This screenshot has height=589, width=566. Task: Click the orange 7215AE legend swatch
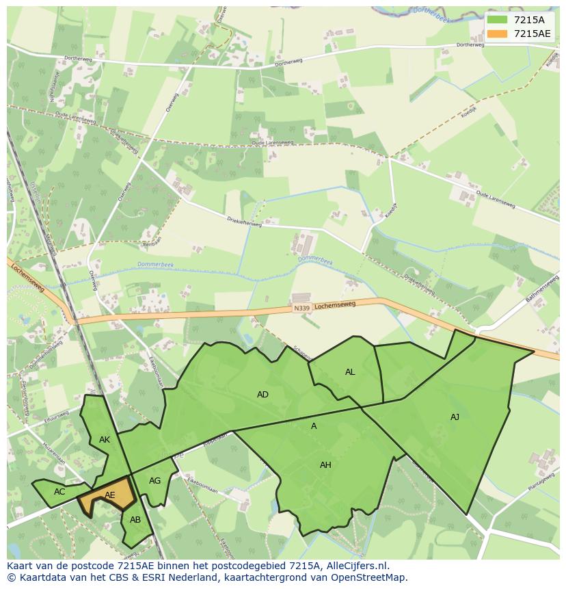click(x=498, y=34)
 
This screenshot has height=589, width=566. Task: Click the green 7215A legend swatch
click(x=498, y=20)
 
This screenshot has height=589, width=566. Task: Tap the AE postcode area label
click(x=110, y=495)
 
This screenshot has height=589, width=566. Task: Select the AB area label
click(x=135, y=520)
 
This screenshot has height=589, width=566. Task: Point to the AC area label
click(x=59, y=491)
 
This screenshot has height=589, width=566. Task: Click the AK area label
click(x=105, y=440)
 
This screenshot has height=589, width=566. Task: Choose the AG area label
click(x=155, y=481)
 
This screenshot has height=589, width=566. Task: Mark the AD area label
click(x=262, y=395)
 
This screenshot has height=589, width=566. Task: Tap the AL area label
click(x=350, y=372)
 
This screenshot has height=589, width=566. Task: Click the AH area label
click(x=325, y=465)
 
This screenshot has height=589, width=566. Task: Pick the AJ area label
click(x=455, y=417)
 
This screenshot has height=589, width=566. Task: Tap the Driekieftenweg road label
click(x=244, y=221)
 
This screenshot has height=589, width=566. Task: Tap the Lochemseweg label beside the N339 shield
click(x=336, y=304)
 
